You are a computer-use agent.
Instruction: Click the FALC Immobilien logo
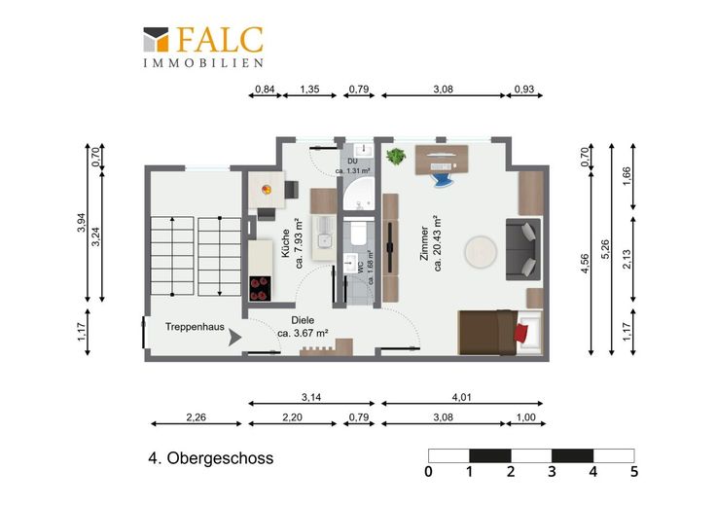coord(203,47)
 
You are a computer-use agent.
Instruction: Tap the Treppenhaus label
coord(195,327)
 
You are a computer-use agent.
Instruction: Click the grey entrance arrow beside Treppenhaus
coord(234,338)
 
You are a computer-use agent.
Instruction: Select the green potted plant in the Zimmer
coord(396,157)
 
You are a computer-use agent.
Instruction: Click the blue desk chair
coord(442,179)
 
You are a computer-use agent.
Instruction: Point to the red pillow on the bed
coord(520,332)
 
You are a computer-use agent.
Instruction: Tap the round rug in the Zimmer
coord(481,252)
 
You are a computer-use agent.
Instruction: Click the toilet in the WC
coord(357,233)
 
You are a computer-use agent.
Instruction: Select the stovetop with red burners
coord(260,289)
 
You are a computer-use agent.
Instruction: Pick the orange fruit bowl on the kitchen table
coord(267,189)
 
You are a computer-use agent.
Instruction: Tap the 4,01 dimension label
coord(462,397)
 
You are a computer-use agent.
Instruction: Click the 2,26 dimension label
coord(196,416)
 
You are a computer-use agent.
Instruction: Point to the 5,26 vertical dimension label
coord(606,249)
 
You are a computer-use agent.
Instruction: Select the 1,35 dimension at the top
coord(309,90)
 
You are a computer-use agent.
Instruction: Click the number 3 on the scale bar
coord(552,471)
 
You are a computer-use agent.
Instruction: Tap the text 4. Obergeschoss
coord(210,458)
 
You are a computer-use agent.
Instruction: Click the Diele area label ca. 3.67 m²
coord(303,334)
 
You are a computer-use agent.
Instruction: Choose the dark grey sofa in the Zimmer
coord(523,249)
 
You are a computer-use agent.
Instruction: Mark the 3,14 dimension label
coord(311,397)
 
